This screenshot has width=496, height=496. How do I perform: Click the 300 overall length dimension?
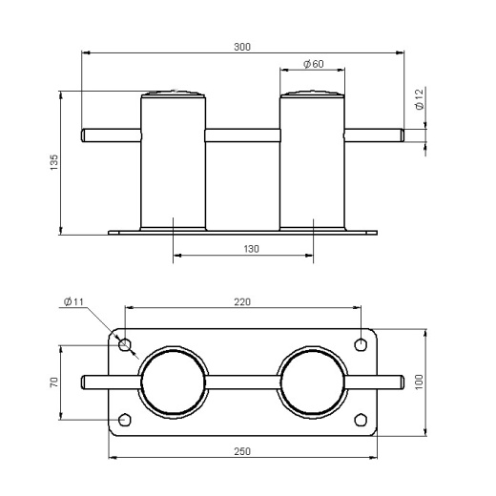tap(242, 47)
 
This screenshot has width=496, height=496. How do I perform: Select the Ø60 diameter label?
tap(314, 64)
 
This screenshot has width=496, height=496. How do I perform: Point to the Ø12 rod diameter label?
tap(420, 99)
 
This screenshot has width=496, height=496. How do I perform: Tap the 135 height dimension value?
tap(54, 162)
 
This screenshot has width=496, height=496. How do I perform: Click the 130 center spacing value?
tap(251, 249)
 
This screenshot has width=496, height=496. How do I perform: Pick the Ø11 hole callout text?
tap(73, 301)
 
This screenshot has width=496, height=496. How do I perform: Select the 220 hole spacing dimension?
tap(242, 301)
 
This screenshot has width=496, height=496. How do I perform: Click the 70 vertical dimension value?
tap(54, 382)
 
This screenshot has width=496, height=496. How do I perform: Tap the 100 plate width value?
tap(420, 382)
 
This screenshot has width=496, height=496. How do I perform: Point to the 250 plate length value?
tap(242, 451)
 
